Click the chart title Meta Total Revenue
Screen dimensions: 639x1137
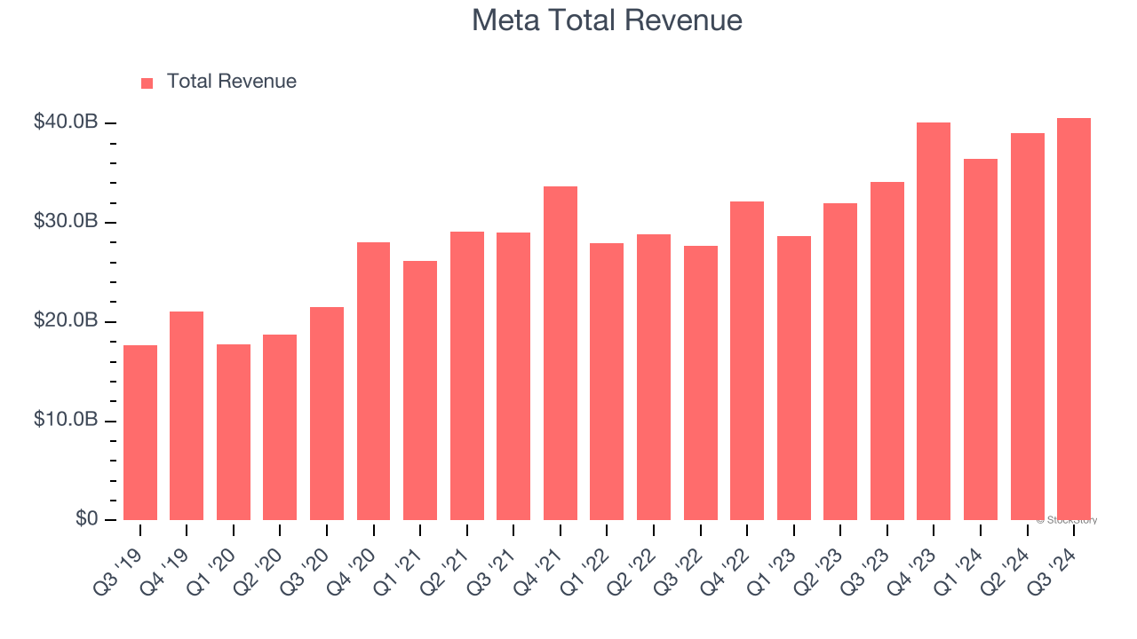coord(607,20)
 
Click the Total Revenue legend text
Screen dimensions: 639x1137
coord(231,82)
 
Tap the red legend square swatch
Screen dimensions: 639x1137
coord(147,83)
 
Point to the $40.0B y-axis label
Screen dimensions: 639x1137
coord(65,122)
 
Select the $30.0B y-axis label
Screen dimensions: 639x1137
coord(65,222)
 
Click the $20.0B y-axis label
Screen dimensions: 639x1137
coord(65,321)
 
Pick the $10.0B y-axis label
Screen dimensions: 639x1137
coord(65,421)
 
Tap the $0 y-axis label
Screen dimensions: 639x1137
coord(86,519)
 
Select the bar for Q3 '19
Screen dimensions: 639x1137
coord(140,433)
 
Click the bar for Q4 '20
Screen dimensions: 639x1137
coord(373,382)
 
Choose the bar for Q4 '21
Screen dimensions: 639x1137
coord(560,353)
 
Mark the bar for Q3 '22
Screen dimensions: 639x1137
coord(700,383)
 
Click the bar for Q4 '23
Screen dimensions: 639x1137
coord(934,321)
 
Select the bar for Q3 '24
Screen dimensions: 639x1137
coord(1073,319)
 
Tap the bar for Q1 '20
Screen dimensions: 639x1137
coord(234,432)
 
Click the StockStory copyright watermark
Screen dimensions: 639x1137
coord(1066,520)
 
